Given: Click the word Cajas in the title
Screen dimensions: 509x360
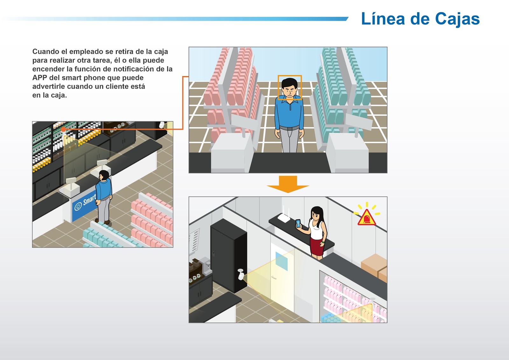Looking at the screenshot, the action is pos(457,19).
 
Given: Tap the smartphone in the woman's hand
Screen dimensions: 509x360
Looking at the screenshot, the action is pos(298,223).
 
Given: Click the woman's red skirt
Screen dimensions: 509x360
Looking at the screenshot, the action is pos(317,246).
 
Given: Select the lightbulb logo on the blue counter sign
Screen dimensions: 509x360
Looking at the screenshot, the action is pos(78,206).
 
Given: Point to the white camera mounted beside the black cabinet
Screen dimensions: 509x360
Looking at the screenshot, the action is pos(241,274).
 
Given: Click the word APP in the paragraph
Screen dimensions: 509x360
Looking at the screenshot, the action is pos(39,78).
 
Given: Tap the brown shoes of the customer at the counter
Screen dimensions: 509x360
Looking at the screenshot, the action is pos(102,222).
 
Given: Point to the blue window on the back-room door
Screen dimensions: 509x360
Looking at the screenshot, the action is pos(282,261).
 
